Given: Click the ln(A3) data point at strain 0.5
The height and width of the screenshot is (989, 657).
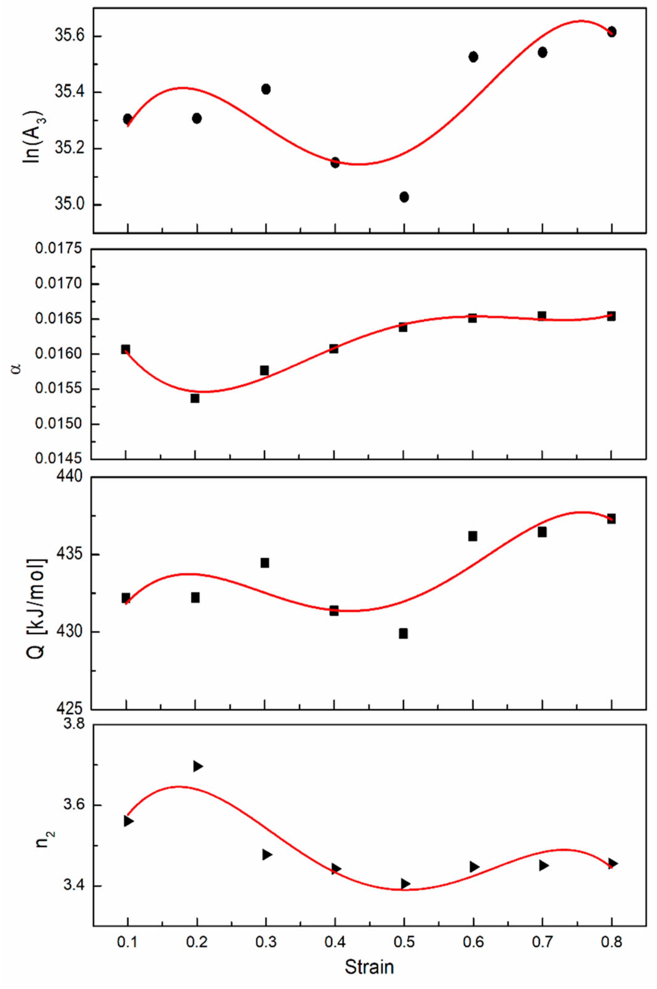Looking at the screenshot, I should [404, 197].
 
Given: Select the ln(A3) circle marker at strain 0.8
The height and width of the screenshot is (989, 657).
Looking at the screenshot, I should [611, 32].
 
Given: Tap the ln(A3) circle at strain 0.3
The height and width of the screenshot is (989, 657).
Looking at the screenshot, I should [266, 89].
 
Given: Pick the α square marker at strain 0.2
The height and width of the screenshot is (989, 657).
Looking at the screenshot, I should [195, 398].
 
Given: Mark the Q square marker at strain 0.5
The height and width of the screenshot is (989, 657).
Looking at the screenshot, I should [403, 633].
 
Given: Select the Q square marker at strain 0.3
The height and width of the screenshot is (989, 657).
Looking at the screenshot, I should [265, 563].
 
